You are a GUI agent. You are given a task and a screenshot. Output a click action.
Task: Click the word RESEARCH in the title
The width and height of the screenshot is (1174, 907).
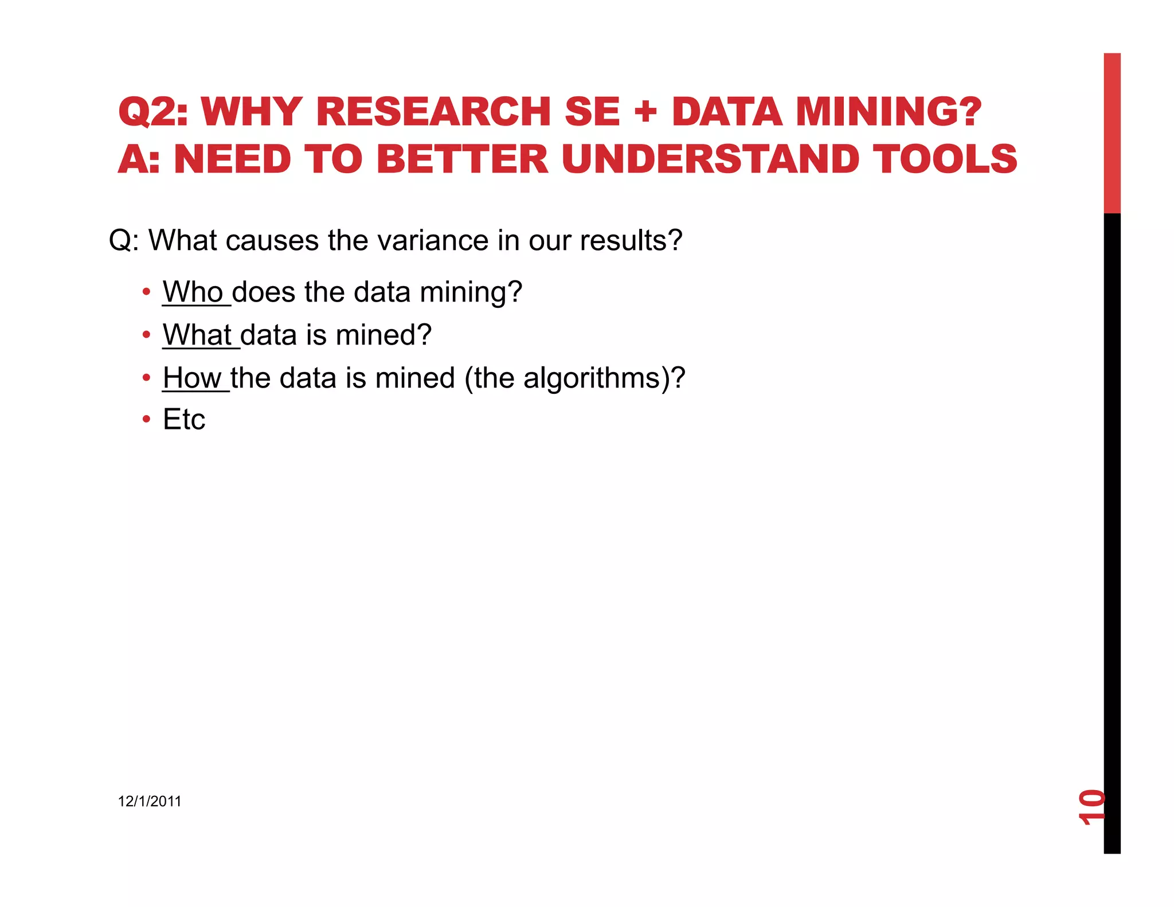coord(433,111)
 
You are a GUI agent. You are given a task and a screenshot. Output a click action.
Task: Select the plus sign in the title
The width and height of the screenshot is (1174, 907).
coord(645,111)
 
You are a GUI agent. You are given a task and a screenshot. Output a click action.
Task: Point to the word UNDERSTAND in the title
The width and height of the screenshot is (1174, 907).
coord(710,159)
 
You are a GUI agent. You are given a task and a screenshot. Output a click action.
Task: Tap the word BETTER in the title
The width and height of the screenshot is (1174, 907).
coord(462,159)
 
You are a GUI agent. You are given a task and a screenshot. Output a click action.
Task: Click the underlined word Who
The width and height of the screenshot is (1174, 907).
coord(193,292)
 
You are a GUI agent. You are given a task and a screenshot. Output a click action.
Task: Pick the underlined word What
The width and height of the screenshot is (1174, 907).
coord(197,335)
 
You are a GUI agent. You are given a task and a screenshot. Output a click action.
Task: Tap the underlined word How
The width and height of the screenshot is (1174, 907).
coord(192,378)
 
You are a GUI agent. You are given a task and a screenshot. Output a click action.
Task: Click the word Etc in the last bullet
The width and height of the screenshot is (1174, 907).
coord(184,420)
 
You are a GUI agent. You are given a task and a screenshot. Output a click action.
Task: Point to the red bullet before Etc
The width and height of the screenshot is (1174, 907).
coord(147,420)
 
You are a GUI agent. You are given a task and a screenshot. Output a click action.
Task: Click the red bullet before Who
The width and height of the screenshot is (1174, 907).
coord(147,292)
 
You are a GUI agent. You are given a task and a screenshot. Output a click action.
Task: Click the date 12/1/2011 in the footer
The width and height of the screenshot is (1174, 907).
coord(150,802)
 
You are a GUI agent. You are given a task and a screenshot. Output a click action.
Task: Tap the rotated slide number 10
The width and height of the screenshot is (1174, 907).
coord(1091,807)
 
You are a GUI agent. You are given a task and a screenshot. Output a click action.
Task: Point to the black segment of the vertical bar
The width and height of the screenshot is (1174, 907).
coord(1112,516)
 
